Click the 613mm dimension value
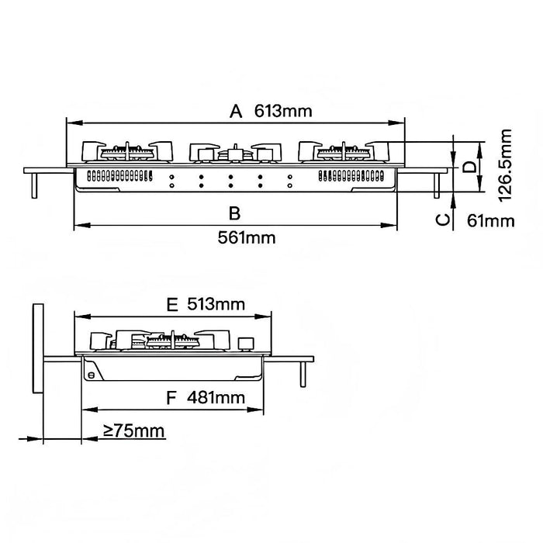(x=283, y=111)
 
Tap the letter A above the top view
(x=236, y=112)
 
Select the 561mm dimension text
(x=247, y=238)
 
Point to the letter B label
(x=235, y=213)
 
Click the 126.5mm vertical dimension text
(x=505, y=164)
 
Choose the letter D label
(x=470, y=167)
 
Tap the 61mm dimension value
(x=491, y=221)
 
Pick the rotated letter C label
(x=443, y=220)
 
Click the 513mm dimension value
(x=216, y=304)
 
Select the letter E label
(x=172, y=305)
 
